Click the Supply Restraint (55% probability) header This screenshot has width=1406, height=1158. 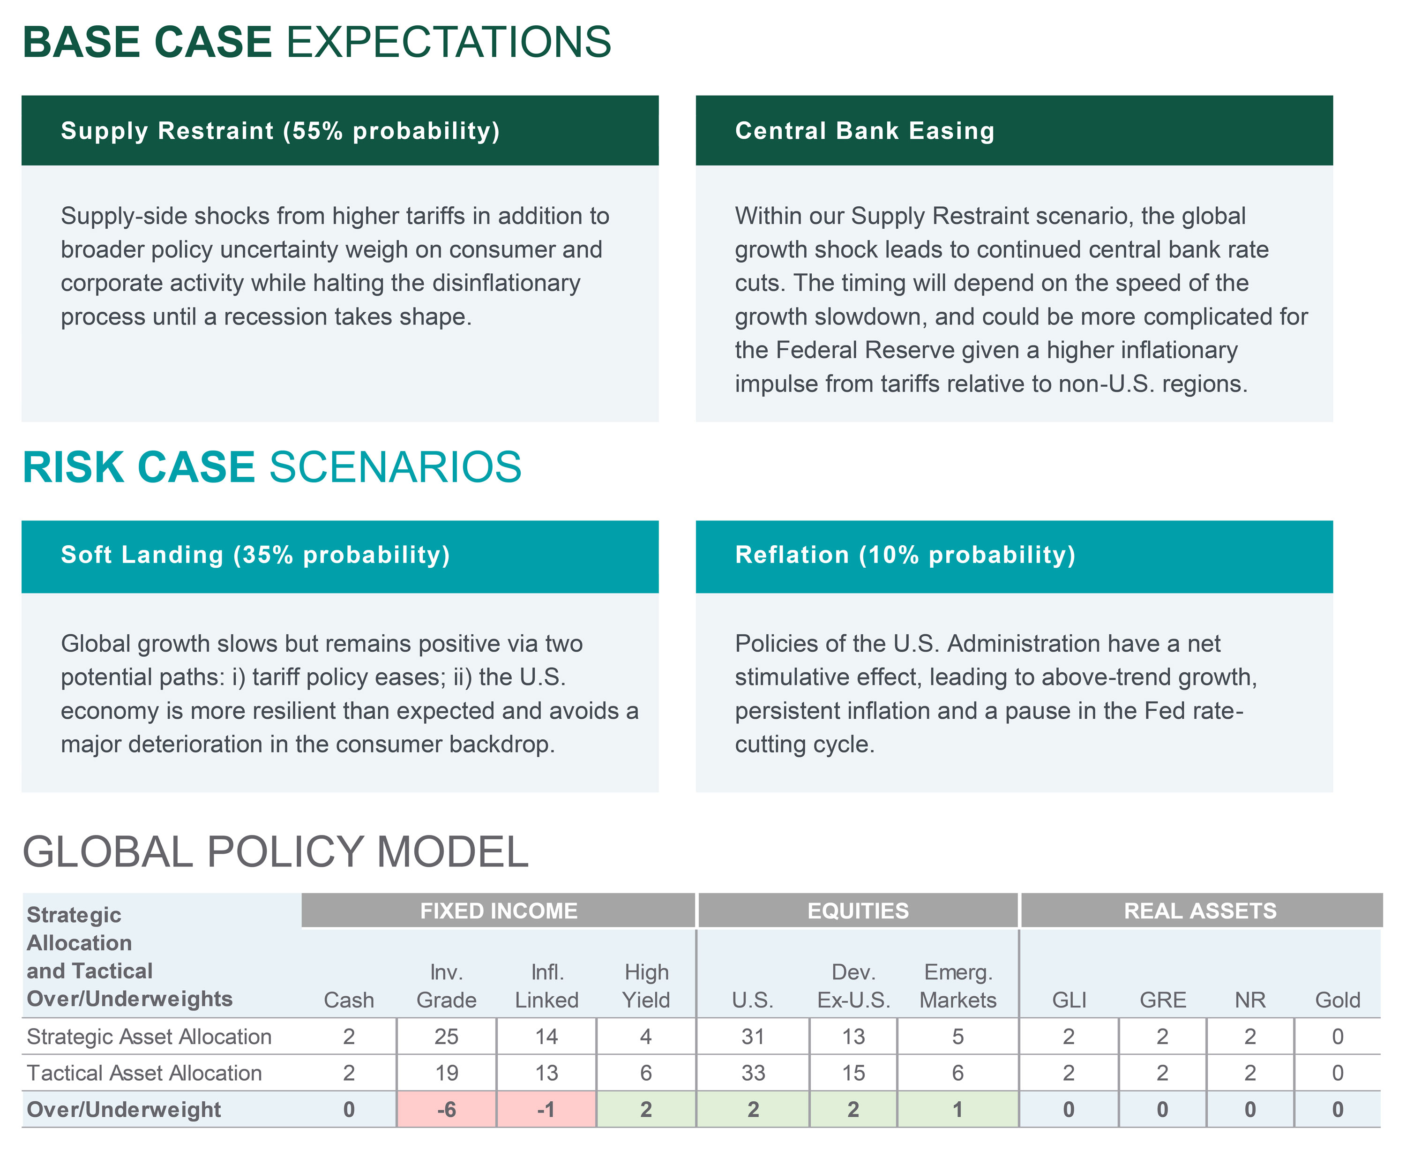(x=280, y=131)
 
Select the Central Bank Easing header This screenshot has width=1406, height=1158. (x=864, y=131)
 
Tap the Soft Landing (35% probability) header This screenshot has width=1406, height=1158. (x=255, y=555)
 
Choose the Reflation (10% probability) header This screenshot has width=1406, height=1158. (x=905, y=555)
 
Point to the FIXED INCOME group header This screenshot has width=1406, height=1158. (x=498, y=910)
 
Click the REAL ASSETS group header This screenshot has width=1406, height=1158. (x=1200, y=910)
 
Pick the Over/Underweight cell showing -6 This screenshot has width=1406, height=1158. (x=446, y=1109)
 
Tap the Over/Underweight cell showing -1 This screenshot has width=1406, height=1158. (x=546, y=1109)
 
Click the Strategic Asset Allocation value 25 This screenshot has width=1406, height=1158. (x=446, y=1036)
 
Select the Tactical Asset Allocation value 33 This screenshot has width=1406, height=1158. (x=753, y=1073)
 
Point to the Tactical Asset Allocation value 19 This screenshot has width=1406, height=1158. (x=446, y=1073)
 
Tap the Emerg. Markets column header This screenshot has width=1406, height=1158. (x=958, y=986)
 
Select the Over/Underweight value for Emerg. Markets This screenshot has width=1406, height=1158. (x=957, y=1109)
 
